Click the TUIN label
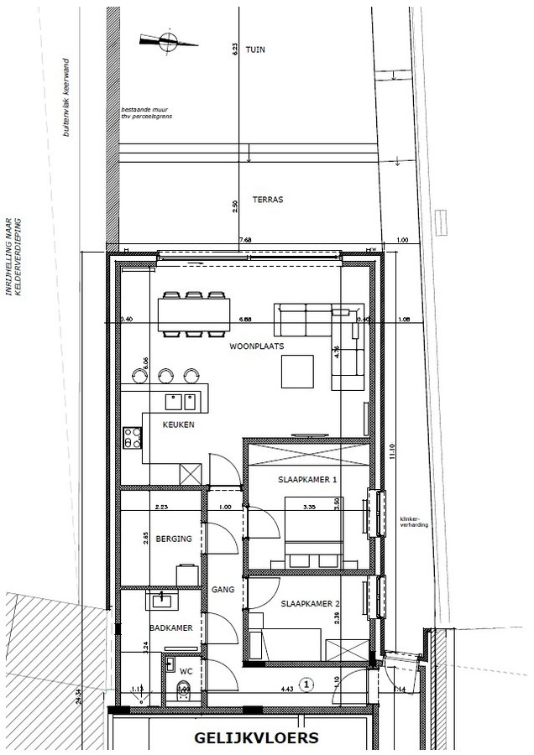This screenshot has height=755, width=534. click(255, 50)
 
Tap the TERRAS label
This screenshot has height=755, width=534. click(267, 200)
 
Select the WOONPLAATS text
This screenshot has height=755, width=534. click(257, 346)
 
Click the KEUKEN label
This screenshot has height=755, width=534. click(178, 424)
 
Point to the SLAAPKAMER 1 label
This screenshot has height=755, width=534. click(307, 480)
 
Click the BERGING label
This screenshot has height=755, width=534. click(174, 539)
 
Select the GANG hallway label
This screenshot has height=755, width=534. click(222, 589)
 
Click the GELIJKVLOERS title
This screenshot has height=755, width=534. click(256, 739)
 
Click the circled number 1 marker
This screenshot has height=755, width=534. click(307, 685)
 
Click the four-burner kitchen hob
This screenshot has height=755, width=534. click(133, 437)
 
